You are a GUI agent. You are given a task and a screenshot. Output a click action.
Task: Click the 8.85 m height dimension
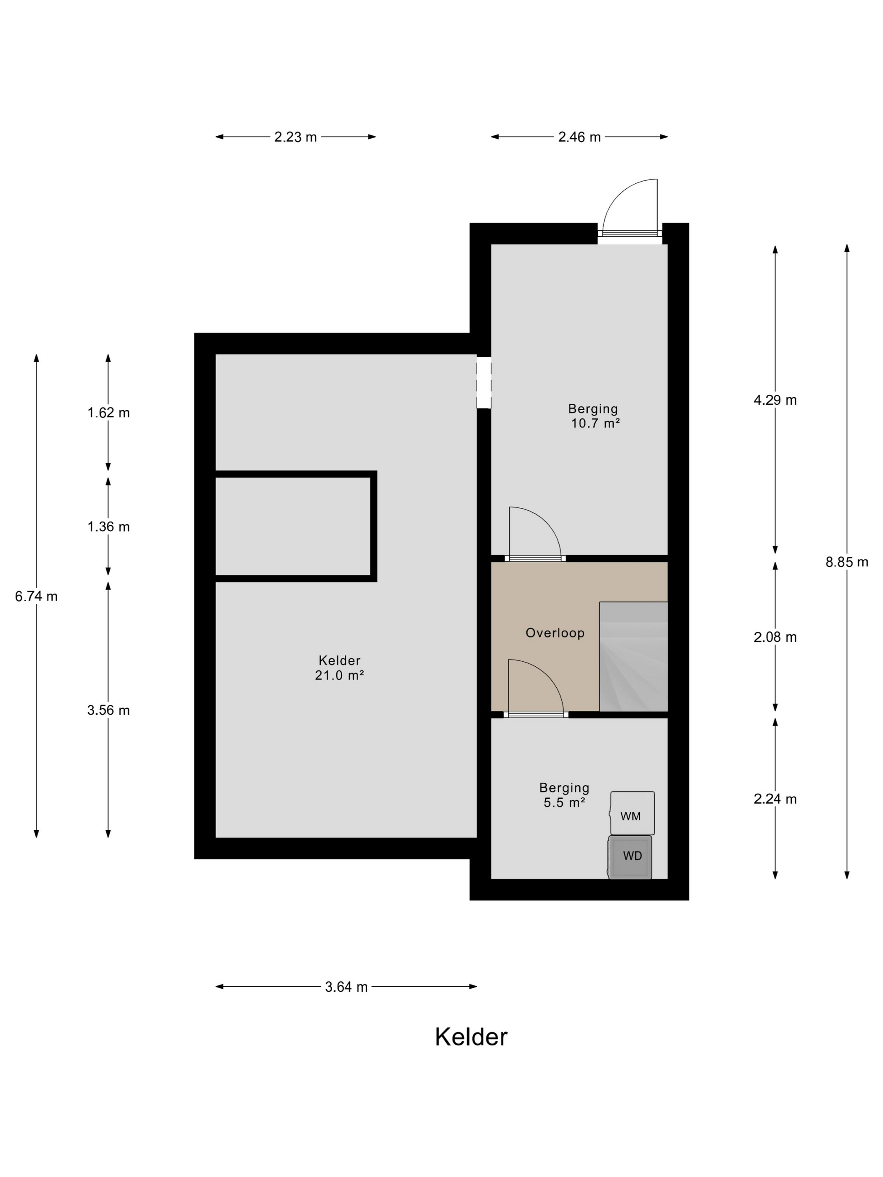click(847, 562)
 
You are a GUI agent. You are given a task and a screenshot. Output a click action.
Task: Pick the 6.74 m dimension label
click(36, 596)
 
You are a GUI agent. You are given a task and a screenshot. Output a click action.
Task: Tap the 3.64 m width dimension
click(346, 987)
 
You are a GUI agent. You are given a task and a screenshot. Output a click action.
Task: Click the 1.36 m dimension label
click(108, 527)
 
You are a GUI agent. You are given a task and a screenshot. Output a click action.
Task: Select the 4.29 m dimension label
click(775, 400)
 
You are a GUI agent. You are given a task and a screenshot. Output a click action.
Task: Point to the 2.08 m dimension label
click(775, 637)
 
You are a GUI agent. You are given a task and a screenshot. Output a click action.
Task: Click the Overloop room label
click(555, 633)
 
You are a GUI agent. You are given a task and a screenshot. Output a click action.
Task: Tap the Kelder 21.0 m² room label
click(340, 668)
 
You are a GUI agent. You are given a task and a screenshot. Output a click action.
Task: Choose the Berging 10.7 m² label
click(594, 416)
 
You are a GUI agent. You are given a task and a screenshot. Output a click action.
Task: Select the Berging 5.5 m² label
click(564, 795)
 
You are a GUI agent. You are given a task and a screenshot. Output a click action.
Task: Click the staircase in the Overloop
click(633, 657)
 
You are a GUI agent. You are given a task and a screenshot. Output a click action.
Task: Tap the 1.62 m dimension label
click(108, 413)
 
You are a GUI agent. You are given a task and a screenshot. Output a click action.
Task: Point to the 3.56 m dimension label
click(108, 710)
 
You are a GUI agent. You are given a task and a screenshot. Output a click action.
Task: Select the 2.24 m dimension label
click(775, 799)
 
